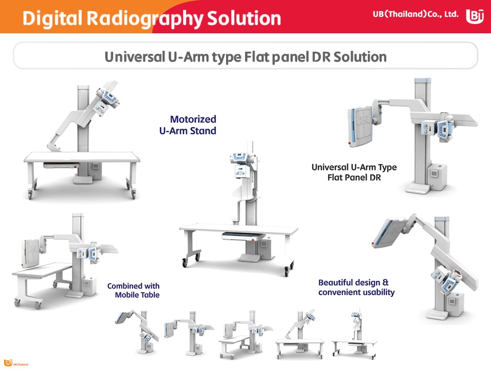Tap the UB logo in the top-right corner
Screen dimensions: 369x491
pyautogui.click(x=475, y=16)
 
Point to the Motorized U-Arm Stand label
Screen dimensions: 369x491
pyautogui.click(x=193, y=125)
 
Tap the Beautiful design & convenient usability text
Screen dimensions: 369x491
pyautogui.click(x=356, y=288)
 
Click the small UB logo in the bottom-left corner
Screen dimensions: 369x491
pyautogui.click(x=8, y=363)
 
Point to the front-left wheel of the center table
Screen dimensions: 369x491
pyautogui.click(x=185, y=262)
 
